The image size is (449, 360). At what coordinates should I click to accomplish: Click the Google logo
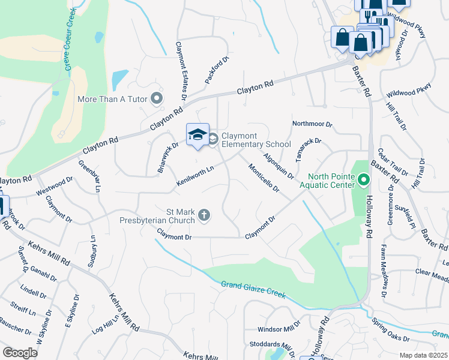point(20,353)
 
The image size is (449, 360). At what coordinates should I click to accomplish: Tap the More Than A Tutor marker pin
point(157,98)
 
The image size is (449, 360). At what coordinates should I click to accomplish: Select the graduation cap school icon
point(197,136)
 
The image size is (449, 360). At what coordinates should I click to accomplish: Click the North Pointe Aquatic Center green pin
point(363,179)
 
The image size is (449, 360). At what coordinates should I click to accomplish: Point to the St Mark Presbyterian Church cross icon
point(204,215)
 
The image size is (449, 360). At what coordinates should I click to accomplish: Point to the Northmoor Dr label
point(312,124)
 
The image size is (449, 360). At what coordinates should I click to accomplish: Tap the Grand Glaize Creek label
point(252,291)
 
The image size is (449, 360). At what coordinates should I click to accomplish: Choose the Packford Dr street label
point(217,70)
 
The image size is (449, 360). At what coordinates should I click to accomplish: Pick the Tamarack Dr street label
point(309,151)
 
